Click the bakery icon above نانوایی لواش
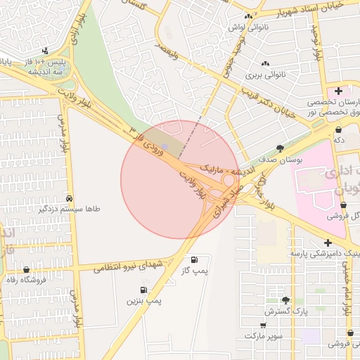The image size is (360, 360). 247,17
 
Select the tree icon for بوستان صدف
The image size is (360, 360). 281,148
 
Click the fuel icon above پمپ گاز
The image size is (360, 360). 194,260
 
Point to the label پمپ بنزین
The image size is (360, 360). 144,301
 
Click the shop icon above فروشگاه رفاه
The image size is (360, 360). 27,270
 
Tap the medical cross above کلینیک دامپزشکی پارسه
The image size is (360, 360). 328,243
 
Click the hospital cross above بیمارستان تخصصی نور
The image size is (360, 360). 338,91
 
